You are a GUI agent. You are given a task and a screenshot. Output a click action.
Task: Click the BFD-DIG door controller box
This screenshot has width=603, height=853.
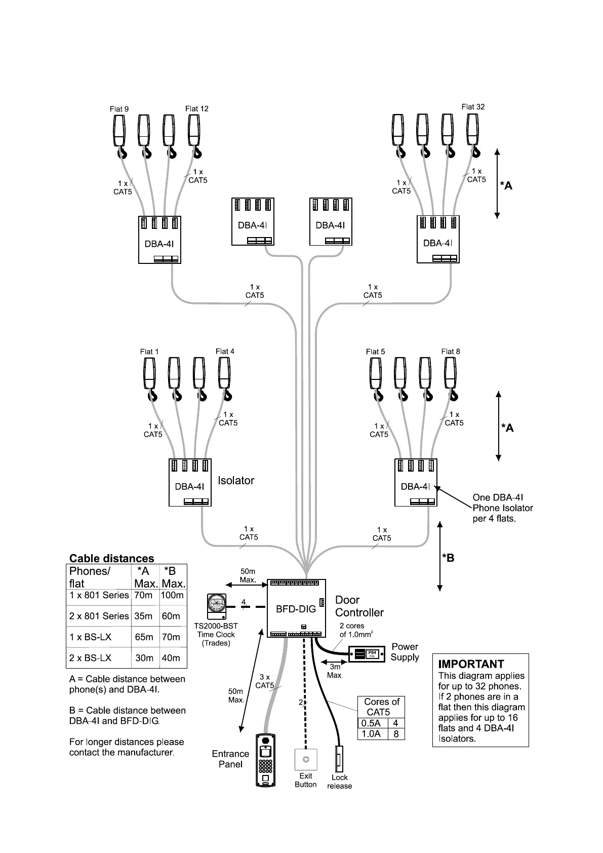tap(296, 608)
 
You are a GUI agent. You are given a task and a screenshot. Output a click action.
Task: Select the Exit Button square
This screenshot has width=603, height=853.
tap(306, 759)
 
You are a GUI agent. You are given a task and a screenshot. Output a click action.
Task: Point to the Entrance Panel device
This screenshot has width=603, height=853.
tap(266, 760)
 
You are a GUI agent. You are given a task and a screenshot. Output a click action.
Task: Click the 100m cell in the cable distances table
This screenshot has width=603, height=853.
tap(172, 596)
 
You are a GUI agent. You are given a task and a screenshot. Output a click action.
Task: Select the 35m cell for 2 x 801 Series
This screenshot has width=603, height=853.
tap(144, 616)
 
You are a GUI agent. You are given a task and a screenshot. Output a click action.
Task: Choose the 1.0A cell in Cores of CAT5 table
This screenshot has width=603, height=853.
tap(372, 734)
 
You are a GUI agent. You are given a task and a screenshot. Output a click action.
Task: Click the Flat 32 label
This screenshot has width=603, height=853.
tap(473, 107)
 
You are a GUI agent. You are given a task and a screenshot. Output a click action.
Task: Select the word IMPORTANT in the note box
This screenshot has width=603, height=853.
tap(471, 664)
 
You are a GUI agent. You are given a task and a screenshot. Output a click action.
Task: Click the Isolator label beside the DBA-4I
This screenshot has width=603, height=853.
tap(236, 481)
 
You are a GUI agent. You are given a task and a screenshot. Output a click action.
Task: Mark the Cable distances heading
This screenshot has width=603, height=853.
tap(111, 559)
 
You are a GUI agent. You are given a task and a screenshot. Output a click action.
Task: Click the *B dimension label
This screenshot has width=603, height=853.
tap(448, 558)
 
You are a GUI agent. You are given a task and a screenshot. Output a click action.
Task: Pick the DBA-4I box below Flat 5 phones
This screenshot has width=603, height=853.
tap(416, 482)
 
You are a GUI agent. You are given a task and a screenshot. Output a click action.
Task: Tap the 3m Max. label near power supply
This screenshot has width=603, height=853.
tap(335, 671)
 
